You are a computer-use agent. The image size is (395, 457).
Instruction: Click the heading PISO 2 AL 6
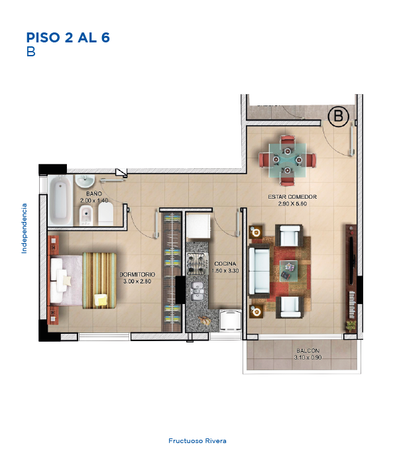coord(68,38)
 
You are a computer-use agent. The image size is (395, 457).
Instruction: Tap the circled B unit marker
coord(339,117)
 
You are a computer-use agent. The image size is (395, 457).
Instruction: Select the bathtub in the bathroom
coord(60,200)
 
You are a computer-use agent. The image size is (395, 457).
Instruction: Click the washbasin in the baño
coord(85,181)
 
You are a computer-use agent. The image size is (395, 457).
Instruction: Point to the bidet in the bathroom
coord(86,215)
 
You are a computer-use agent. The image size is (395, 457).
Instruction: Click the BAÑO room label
coord(94,193)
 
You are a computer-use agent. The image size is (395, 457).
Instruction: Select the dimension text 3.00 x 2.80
coord(137,281)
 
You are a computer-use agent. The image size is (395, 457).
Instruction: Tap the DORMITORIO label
coord(137,275)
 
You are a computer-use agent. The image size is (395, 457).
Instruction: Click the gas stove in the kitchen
coord(197,264)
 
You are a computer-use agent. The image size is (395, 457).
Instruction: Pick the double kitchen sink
coord(197,291)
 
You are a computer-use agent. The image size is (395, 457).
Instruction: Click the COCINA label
coord(225,264)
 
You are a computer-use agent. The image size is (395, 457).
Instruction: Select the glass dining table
coord(288,160)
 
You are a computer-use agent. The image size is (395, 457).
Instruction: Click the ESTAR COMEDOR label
coord(292,197)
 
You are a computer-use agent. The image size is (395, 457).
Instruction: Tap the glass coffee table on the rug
coord(288,271)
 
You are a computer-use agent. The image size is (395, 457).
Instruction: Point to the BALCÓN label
coord(308,350)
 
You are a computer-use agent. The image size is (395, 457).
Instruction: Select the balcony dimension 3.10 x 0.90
coord(308,358)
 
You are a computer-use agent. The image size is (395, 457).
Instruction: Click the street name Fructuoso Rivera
coord(197,440)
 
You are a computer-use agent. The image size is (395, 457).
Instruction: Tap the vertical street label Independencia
coord(25,228)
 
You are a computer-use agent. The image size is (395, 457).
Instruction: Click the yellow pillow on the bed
coord(101,300)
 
